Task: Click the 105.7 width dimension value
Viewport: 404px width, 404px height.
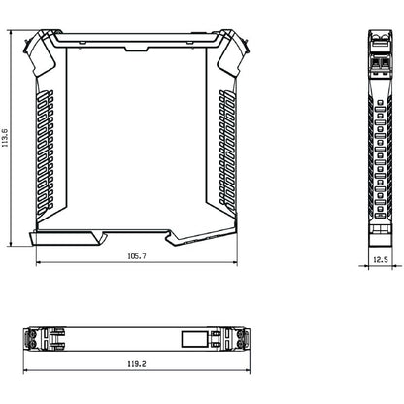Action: coord(135,256)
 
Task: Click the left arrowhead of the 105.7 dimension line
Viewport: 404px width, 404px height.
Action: coord(39,262)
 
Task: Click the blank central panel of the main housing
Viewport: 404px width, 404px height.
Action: coord(135,136)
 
